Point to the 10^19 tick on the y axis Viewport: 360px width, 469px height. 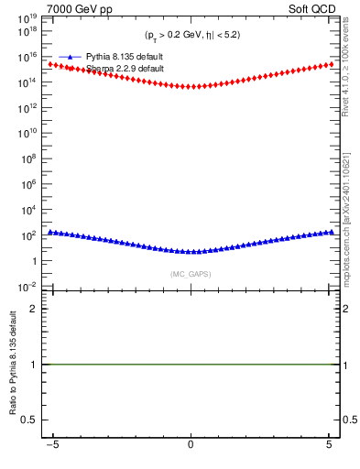[30, 17]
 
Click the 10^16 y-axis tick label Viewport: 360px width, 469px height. [30, 57]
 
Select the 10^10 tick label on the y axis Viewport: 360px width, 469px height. [30, 133]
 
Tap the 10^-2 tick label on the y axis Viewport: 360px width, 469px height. [30, 287]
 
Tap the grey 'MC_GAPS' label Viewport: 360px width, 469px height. [190, 274]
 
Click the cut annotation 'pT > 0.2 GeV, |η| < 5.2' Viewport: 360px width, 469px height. [192, 35]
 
